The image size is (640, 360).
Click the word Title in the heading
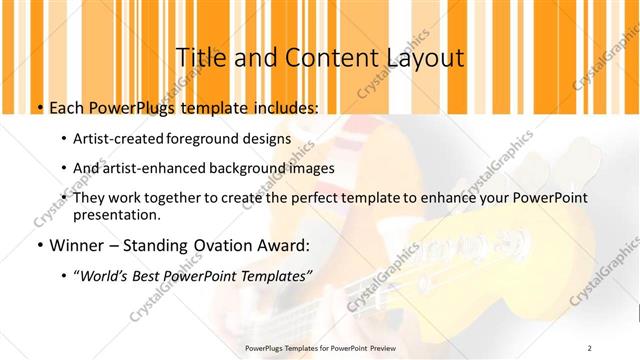[201, 58]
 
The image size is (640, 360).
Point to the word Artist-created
[120, 139]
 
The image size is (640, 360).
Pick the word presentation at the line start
[116, 214]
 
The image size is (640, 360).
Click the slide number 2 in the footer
[590, 347]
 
